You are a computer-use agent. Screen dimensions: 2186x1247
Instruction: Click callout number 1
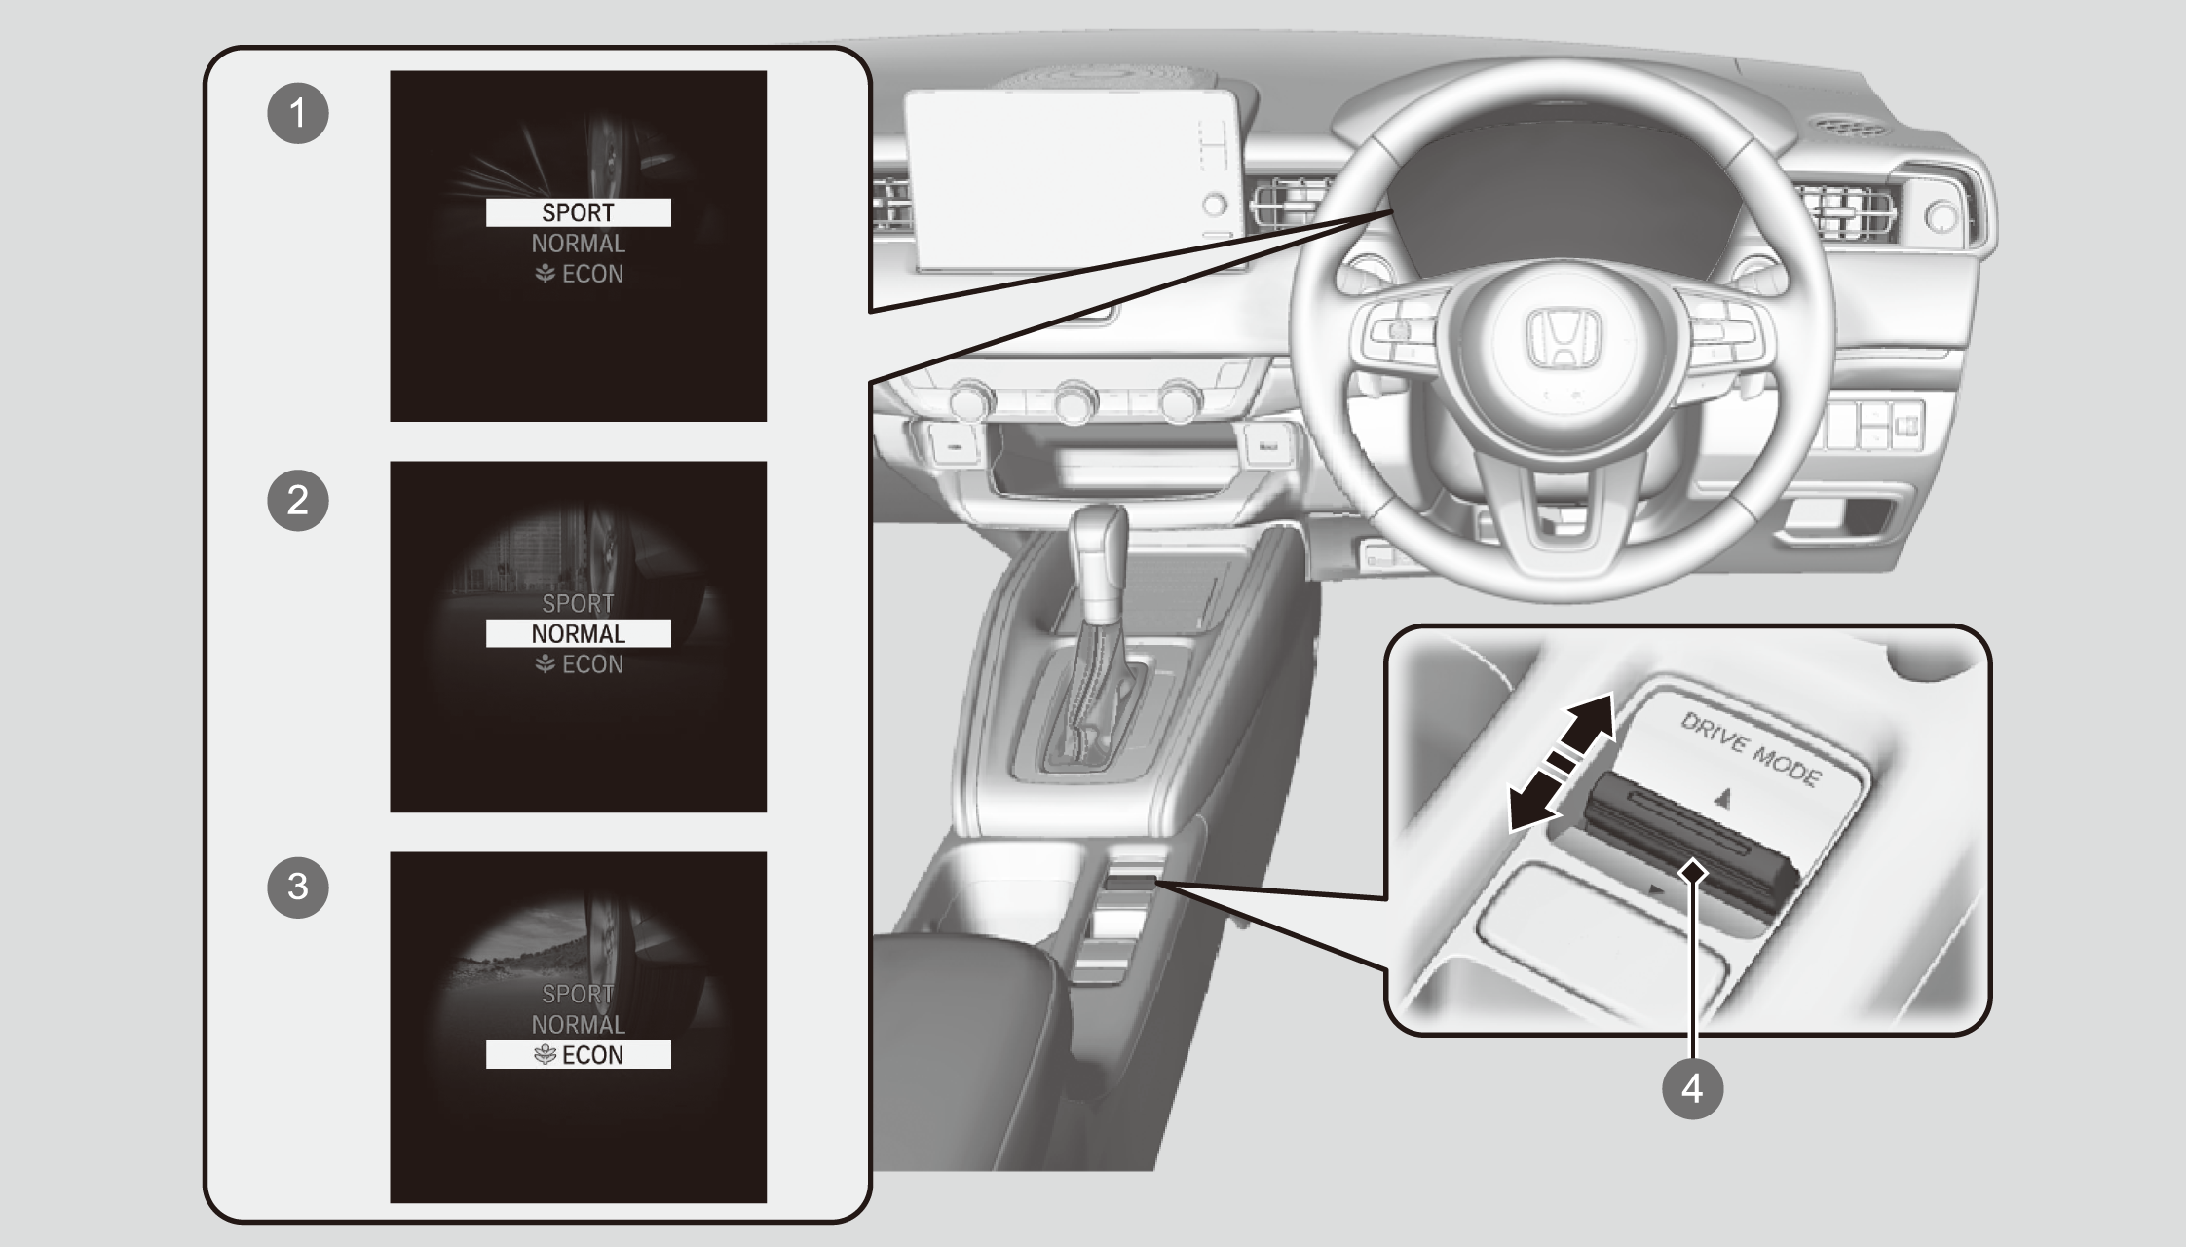298,113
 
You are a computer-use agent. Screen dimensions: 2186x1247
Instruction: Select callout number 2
298,501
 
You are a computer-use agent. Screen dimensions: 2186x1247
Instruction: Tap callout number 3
298,888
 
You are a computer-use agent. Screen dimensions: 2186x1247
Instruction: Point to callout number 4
1692,1087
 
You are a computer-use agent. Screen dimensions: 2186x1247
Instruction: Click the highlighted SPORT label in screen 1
579,212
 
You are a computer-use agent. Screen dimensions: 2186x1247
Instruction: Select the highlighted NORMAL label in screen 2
579,633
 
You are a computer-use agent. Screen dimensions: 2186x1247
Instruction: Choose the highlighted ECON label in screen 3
579,1055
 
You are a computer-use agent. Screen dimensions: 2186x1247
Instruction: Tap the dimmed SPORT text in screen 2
579,603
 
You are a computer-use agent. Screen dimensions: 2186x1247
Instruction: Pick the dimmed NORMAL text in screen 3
579,1024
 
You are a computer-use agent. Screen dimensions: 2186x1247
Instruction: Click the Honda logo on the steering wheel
1562,340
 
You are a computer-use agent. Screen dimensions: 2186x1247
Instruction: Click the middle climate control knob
1074,399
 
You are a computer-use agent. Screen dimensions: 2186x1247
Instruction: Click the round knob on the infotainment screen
1215,206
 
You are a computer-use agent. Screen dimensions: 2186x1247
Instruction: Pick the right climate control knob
1180,399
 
